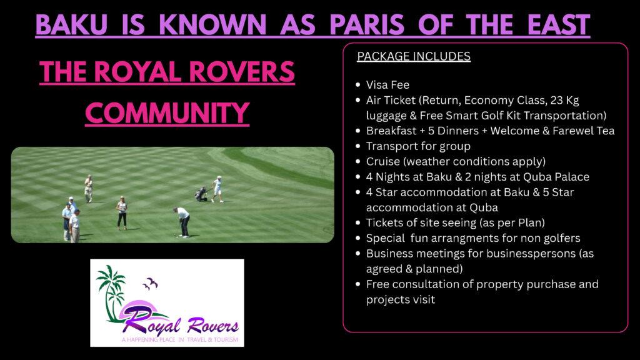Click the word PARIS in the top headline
(366, 24)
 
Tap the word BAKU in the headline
(71, 24)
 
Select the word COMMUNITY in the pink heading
(167, 113)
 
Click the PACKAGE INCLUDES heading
(414, 56)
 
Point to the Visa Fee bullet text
(387, 85)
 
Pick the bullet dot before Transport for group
(358, 146)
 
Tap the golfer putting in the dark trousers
(182, 222)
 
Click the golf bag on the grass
(201, 194)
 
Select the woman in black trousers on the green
(122, 212)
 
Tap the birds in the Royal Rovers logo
(151, 283)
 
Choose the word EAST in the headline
(559, 24)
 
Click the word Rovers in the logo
(212, 326)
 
